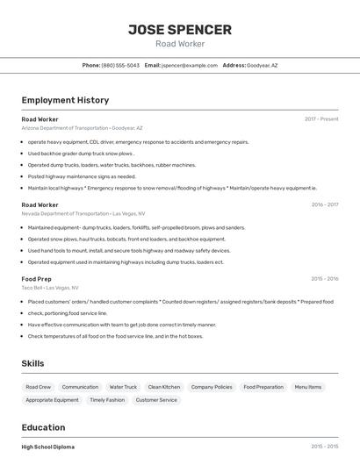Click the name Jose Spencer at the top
[180, 30]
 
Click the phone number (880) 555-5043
[120, 65]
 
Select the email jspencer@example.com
[190, 65]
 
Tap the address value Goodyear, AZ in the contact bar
[262, 65]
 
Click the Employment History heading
[65, 100]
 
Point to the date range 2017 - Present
[321, 118]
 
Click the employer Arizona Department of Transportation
[82, 128]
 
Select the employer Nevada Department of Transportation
[83, 213]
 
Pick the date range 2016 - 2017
[324, 204]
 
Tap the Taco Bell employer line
[50, 288]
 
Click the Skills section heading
[32, 363]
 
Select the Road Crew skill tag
[39, 387]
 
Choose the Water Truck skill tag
[123, 387]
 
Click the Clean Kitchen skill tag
[164, 387]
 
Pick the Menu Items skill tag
[308, 387]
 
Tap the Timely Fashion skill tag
[107, 400]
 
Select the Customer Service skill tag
[156, 400]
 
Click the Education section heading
[45, 427]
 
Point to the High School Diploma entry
[48, 447]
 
